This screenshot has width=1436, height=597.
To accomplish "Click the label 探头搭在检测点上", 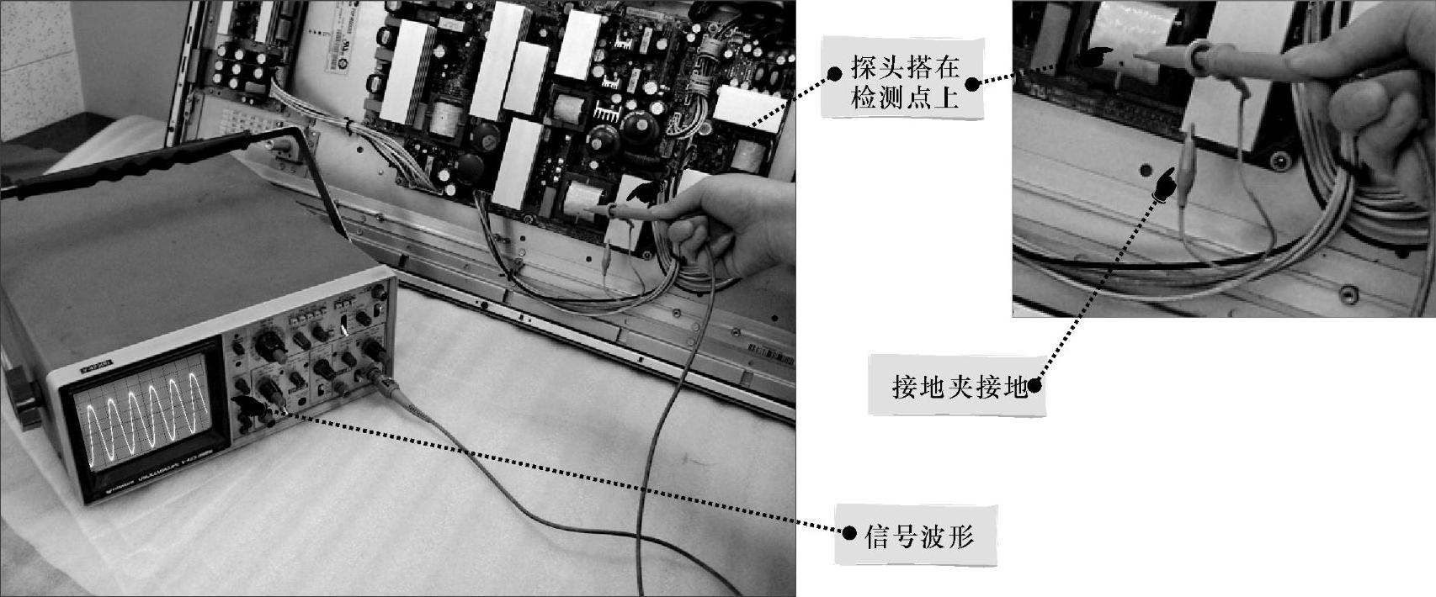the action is [904, 82].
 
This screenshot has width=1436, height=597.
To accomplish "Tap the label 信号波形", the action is [918, 536].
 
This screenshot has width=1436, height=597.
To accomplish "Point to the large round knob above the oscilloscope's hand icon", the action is [269, 388].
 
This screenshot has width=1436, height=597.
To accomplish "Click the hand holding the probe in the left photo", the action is [724, 227].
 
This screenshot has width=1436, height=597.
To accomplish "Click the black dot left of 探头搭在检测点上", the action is [834, 72].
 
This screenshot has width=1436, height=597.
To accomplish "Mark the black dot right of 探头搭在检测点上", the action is [971, 83].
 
